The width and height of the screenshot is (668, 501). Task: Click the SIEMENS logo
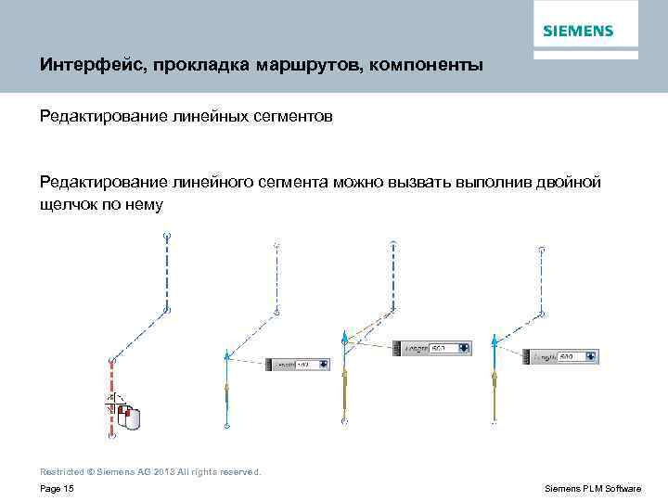[x=578, y=31]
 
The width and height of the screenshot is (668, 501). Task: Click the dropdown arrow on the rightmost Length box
[x=589, y=356]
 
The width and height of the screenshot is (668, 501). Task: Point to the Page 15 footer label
[x=58, y=488]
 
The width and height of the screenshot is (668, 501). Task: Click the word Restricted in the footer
[x=60, y=471]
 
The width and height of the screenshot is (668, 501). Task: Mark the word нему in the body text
[x=143, y=203]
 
